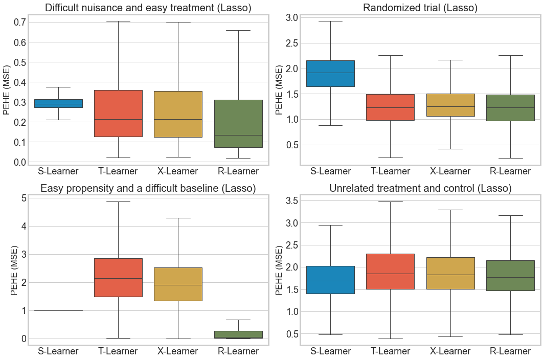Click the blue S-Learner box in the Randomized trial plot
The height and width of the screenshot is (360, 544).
330,73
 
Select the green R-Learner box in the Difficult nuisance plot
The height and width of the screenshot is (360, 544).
238,123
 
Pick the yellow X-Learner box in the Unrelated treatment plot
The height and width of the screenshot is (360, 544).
450,273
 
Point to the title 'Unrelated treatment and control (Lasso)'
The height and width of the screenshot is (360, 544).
420,188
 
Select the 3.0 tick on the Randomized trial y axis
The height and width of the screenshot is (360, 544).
291,18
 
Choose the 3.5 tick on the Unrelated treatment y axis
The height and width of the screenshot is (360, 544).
291,200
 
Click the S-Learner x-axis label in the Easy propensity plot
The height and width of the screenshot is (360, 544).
58,351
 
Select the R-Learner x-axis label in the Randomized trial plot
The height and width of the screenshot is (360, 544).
510,171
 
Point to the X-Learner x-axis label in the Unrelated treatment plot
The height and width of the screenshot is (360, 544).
450,351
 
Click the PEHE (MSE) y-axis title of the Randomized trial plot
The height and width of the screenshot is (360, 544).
279,89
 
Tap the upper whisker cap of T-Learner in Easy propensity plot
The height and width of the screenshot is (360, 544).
118,201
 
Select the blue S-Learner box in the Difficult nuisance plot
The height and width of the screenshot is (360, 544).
58,103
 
